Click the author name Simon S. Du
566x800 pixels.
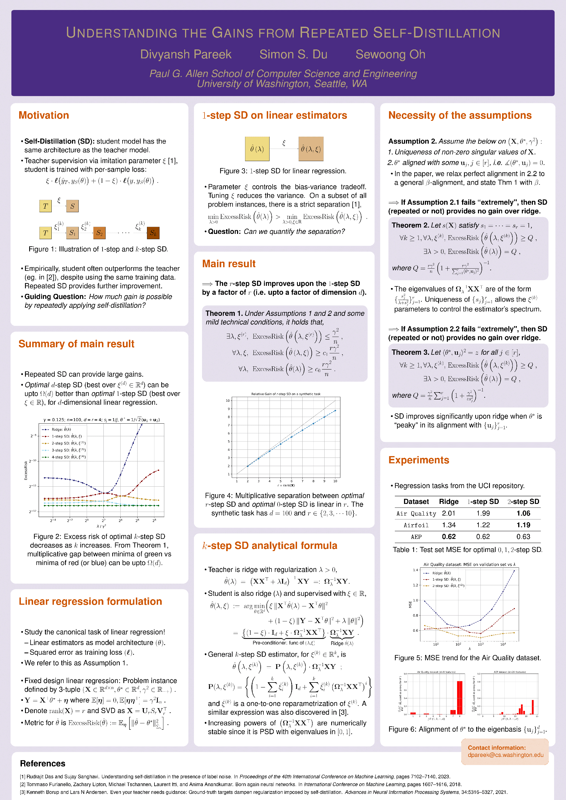point(293,54)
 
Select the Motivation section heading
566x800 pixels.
point(44,115)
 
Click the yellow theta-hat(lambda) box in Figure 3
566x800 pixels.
point(257,149)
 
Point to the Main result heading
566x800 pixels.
point(229,264)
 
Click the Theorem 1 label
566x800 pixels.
point(224,313)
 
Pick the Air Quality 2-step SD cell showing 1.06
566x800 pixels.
point(523,513)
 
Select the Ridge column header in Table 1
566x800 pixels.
point(448,501)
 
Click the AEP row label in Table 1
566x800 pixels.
point(416,537)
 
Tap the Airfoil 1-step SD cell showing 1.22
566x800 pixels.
point(483,525)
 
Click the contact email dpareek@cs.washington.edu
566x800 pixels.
point(505,755)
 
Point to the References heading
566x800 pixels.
point(43,763)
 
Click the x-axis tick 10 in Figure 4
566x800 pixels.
point(335,481)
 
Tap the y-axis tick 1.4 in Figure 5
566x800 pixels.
point(415,570)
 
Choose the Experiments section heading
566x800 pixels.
point(418,460)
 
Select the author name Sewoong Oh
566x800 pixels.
point(390,54)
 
